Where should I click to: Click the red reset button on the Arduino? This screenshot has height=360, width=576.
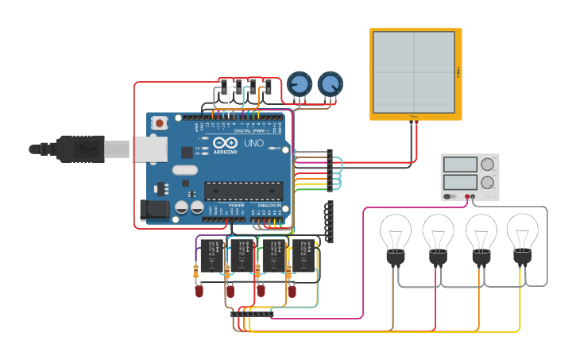(160, 123)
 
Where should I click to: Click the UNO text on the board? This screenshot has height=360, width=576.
(253, 144)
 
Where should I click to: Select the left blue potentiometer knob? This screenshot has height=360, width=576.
(300, 83)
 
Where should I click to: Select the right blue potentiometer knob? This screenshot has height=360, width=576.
(331, 83)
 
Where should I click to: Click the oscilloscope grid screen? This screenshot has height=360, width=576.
(415, 72)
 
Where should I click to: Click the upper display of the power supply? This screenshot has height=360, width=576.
(460, 165)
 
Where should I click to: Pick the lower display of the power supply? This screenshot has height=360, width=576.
(460, 182)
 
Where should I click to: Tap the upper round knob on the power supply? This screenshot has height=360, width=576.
(487, 165)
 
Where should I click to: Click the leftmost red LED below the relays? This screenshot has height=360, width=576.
(199, 292)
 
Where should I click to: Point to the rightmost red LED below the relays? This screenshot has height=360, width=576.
(292, 292)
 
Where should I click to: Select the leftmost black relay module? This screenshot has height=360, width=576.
(212, 255)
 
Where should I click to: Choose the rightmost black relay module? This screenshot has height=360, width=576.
(303, 255)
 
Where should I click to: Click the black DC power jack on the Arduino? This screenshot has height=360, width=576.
(153, 210)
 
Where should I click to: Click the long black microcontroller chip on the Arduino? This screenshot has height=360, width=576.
(243, 191)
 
